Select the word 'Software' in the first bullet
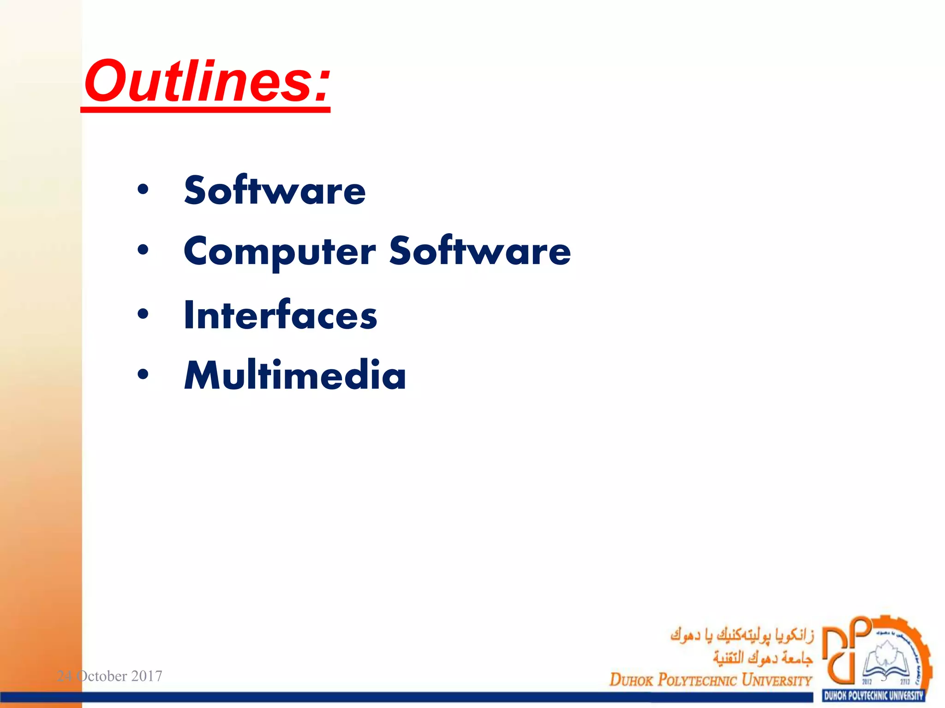tap(275, 191)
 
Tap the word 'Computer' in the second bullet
tap(280, 252)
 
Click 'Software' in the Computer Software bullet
tap(480, 251)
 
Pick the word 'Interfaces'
tap(280, 316)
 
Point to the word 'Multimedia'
tap(295, 376)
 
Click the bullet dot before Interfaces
tap(143, 314)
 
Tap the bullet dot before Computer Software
tap(143, 250)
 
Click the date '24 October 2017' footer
tap(109, 676)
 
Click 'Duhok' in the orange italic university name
tap(631, 680)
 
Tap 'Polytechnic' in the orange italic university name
tap(697, 680)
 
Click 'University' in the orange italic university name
tap(776, 680)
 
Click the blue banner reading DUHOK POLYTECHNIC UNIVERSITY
tap(873, 696)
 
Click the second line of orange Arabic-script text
tap(762, 658)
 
